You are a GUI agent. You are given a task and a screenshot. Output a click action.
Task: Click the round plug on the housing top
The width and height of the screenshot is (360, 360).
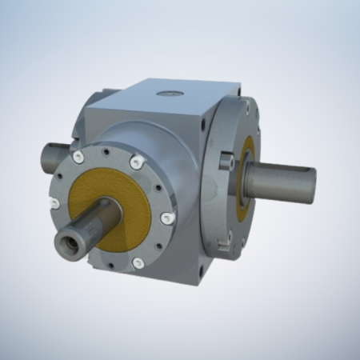pos(168,94)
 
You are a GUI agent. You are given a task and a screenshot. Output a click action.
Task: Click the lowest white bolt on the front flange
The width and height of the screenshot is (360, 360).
pos(138,262)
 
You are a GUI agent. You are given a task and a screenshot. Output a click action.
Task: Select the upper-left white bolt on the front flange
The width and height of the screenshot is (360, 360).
pos(78,158)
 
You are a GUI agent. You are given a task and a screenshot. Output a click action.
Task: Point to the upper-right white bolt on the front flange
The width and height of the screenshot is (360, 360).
pos(136,163)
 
